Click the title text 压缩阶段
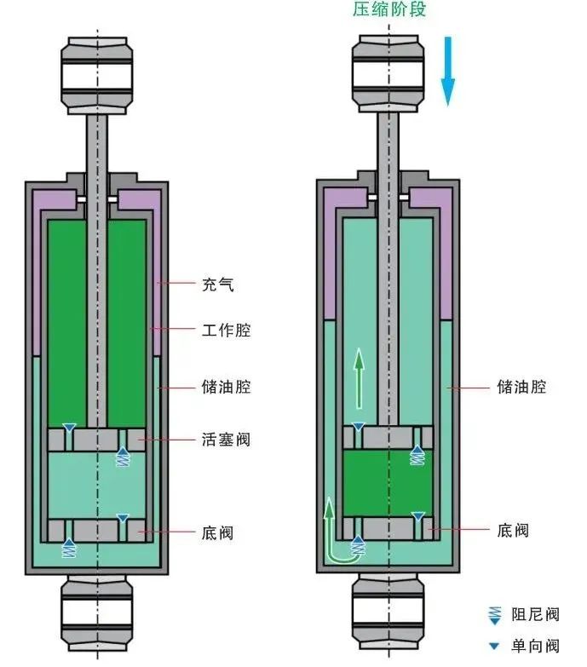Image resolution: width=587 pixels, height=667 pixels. tap(388, 10)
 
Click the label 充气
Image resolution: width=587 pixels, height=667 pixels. tap(218, 284)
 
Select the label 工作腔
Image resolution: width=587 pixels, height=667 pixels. tap(226, 330)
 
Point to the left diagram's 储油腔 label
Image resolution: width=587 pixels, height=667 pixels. tap(226, 387)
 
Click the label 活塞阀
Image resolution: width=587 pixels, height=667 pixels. tap(226, 440)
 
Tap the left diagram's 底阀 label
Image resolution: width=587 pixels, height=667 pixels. tap(218, 533)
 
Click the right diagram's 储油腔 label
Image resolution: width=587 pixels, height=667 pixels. tap(521, 387)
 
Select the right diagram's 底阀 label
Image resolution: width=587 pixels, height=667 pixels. tap(513, 530)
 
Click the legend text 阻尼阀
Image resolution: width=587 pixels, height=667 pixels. tap(535, 614)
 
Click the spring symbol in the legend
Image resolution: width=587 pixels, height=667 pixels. tap(493, 613)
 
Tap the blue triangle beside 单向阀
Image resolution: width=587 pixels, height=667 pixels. tap(493, 647)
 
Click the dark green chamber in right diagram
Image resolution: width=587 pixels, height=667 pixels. tap(388, 482)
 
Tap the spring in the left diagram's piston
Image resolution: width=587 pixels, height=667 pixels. tap(123, 457)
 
